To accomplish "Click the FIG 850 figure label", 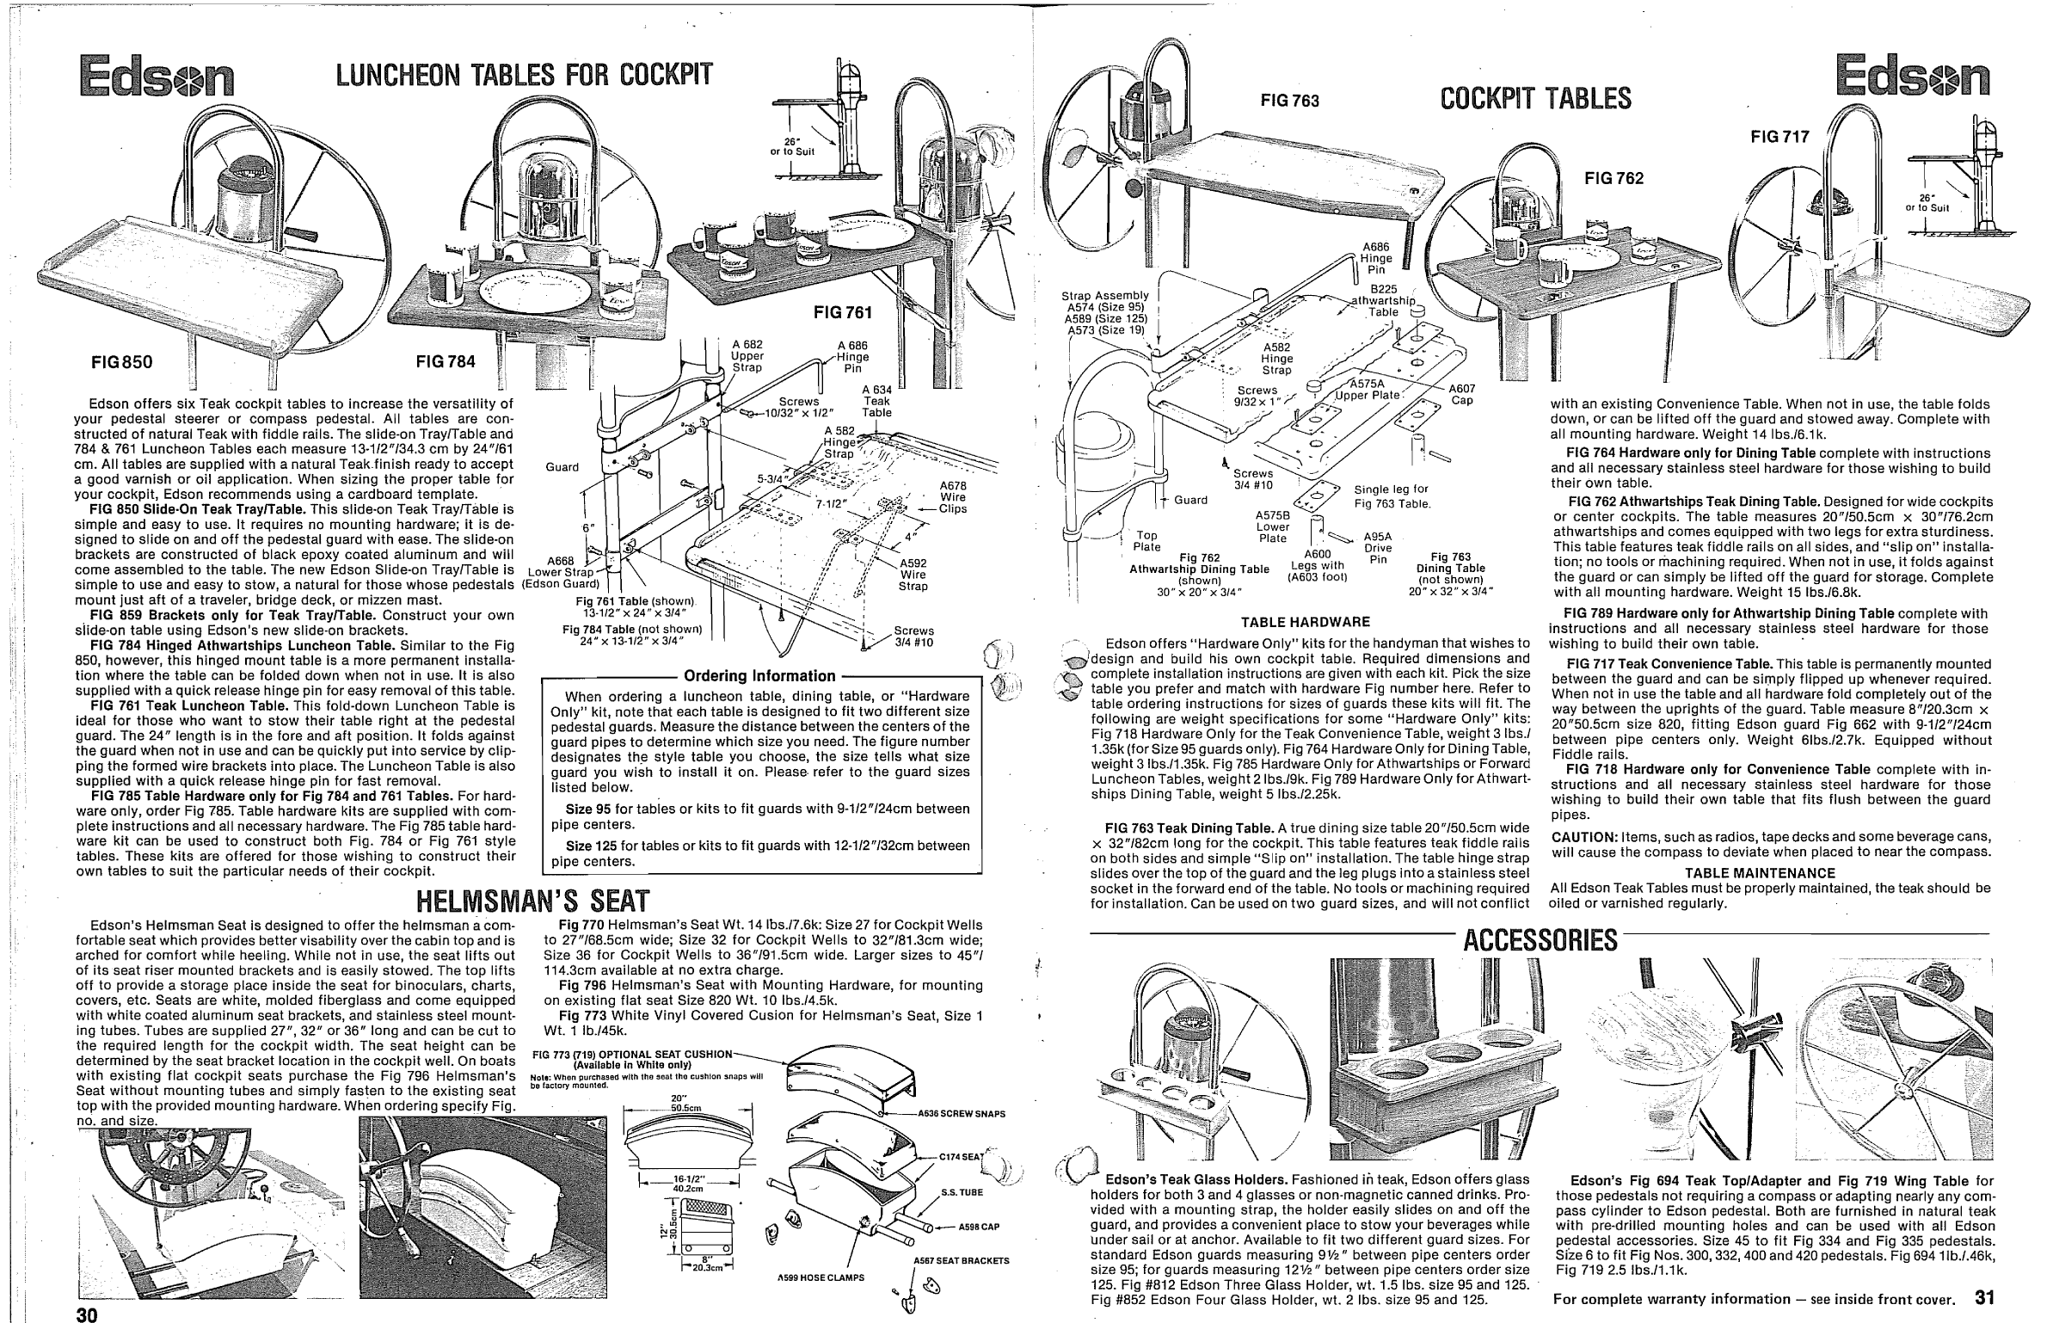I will pos(122,362).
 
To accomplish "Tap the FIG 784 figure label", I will pos(446,362).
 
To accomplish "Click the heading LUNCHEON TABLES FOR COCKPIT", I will pos(524,77).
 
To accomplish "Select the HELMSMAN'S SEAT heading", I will pos(532,900).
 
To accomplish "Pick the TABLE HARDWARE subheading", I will pos(1306,622).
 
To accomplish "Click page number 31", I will pos(1985,1297).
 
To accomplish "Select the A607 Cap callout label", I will pos(1462,394).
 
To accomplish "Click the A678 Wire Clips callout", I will pos(952,496).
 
